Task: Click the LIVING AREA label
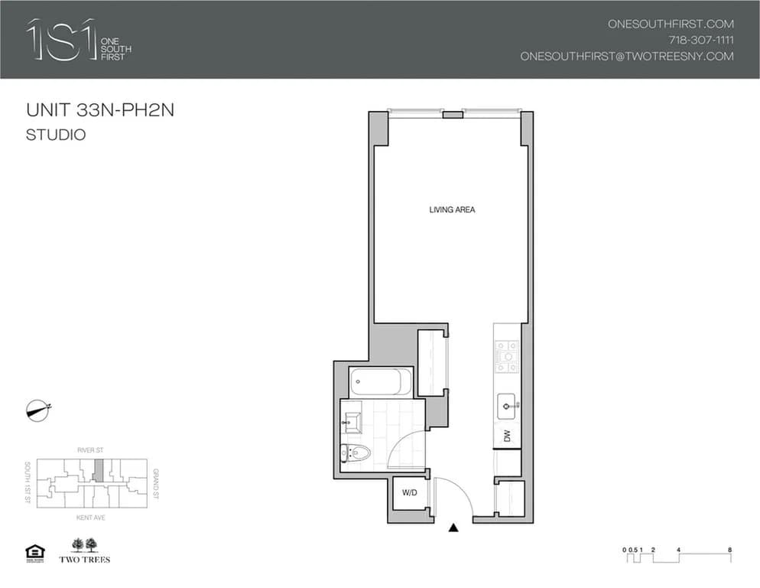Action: pyautogui.click(x=452, y=210)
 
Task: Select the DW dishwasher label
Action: pyautogui.click(x=507, y=436)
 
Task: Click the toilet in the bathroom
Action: pyautogui.click(x=355, y=453)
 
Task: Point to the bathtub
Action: pyautogui.click(x=380, y=381)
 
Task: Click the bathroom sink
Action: pyautogui.click(x=353, y=420)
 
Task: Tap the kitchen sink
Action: pyautogui.click(x=507, y=404)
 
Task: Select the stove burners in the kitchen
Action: pyautogui.click(x=507, y=356)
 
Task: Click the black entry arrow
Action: pyautogui.click(x=453, y=528)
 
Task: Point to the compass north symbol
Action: pyautogui.click(x=37, y=410)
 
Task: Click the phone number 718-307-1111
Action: pyautogui.click(x=701, y=40)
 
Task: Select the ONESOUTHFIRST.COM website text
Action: pyautogui.click(x=671, y=24)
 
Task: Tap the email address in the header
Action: pyautogui.click(x=627, y=56)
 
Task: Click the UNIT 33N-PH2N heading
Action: pyautogui.click(x=100, y=110)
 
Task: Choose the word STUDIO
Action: pyautogui.click(x=56, y=136)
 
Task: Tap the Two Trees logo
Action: pyautogui.click(x=85, y=550)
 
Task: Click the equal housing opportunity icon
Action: pyautogui.click(x=35, y=551)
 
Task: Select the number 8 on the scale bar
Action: pyautogui.click(x=731, y=550)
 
